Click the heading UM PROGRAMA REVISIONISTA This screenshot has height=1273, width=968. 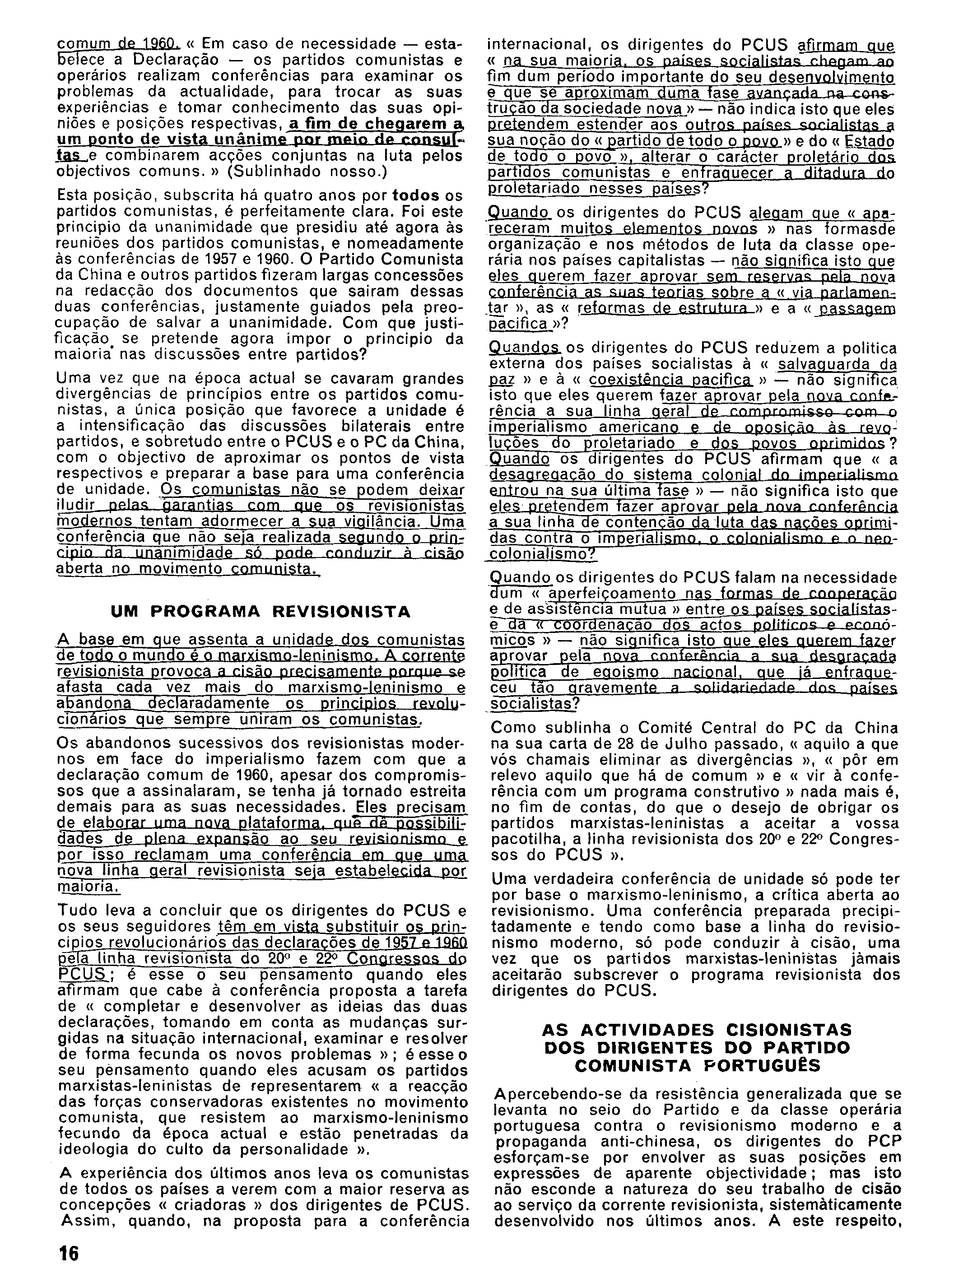tap(261, 612)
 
